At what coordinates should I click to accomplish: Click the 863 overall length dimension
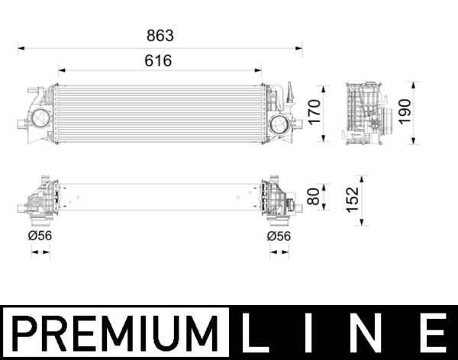(x=160, y=35)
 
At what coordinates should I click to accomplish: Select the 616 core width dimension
(x=159, y=60)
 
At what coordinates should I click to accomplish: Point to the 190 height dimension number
(x=405, y=112)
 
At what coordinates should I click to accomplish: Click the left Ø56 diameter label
(x=41, y=236)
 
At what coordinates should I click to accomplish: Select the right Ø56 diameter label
(x=279, y=236)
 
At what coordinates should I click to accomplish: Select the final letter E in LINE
(x=433, y=334)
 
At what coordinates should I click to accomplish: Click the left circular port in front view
(x=40, y=119)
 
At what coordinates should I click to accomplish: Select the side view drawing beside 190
(x=366, y=113)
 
